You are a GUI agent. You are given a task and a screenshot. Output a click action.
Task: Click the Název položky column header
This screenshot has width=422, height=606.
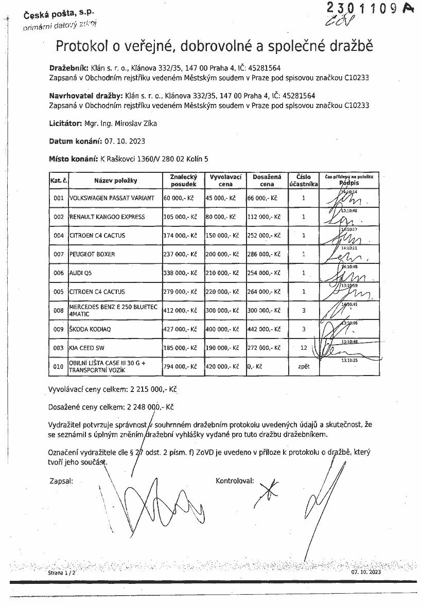click(x=115, y=181)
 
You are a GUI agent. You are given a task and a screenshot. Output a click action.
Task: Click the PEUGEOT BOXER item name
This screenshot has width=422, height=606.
click(x=92, y=254)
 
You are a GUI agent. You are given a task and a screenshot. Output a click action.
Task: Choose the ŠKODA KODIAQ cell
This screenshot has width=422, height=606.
click(x=89, y=329)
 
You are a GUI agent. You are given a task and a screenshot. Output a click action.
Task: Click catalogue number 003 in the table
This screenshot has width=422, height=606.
click(x=59, y=348)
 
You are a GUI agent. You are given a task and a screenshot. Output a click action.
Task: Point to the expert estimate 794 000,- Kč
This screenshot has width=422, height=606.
click(x=180, y=366)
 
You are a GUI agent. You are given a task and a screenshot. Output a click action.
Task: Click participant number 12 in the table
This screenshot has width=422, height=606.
click(x=304, y=348)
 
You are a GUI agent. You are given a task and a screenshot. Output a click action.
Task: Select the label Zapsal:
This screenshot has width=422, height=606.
click(x=61, y=481)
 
